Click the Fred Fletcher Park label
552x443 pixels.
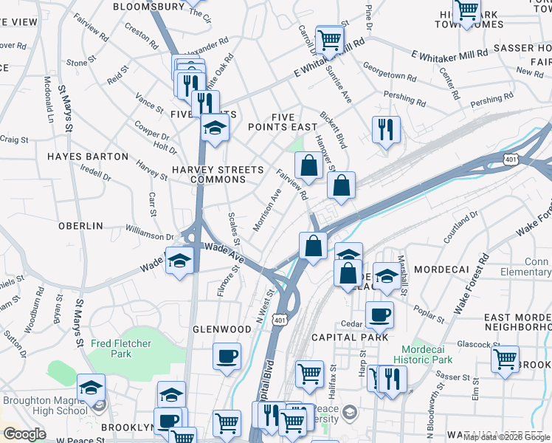click(121, 348)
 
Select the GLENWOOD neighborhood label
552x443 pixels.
click(222, 329)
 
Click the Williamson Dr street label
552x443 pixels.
click(149, 233)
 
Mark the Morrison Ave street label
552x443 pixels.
click(267, 209)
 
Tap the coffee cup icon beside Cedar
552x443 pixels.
click(379, 315)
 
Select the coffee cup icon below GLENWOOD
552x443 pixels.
click(227, 356)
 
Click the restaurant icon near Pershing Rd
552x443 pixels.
click(385, 130)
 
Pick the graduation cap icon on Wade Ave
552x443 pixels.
click(179, 261)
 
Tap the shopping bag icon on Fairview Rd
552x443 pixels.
click(309, 165)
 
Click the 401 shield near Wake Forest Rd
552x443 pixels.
click(510, 159)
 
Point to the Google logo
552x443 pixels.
click(24, 434)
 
